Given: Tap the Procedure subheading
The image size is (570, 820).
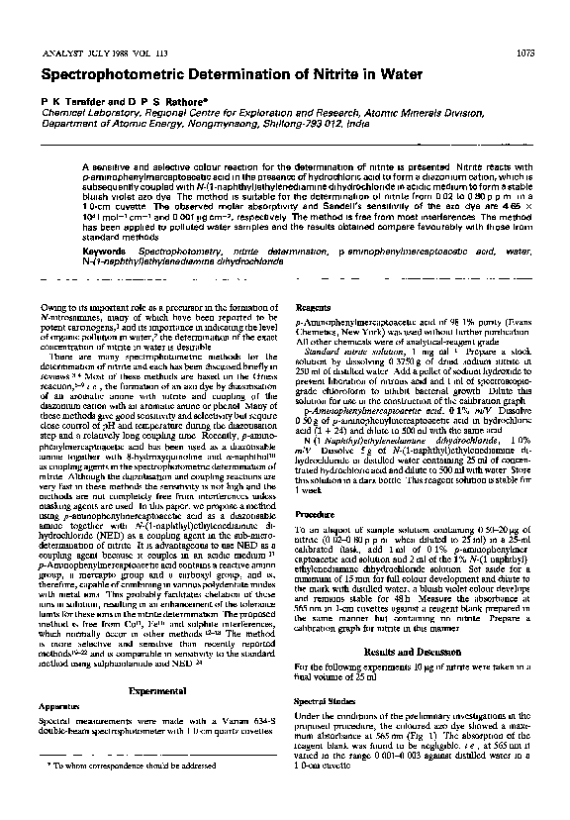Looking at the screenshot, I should [x=315, y=515].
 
